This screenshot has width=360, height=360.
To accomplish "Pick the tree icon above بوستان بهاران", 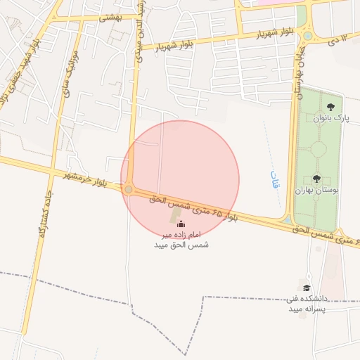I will coord(316,179).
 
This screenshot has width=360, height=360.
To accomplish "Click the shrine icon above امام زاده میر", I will coord(181,224).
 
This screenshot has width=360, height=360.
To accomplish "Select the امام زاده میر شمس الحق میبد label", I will coord(181,239).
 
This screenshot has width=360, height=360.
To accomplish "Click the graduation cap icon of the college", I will coord(306,288).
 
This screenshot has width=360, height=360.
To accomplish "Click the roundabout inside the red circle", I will coord(128,190).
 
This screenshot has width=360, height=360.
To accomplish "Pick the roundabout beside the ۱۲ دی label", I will coord(307,36).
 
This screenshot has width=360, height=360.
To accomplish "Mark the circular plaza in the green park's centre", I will coord(318,149).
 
